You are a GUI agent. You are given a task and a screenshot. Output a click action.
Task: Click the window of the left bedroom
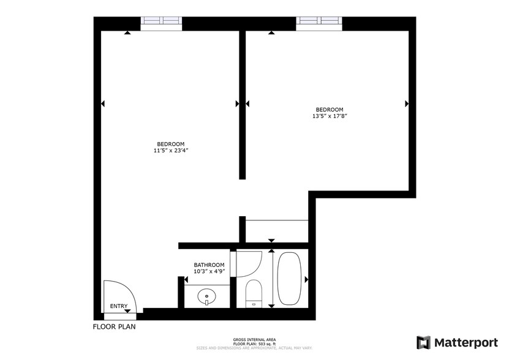(x=162, y=23)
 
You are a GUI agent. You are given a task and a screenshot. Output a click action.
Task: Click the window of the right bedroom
(x=319, y=23)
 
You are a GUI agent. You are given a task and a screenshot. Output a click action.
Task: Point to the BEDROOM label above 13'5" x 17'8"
(x=330, y=110)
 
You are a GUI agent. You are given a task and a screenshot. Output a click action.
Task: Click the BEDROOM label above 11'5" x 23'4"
(x=170, y=144)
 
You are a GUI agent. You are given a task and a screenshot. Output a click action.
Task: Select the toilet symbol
(x=253, y=293)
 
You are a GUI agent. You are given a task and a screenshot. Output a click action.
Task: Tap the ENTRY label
(x=119, y=306)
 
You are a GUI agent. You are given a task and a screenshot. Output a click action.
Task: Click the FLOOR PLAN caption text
(x=114, y=326)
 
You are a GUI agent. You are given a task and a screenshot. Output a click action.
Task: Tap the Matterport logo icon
(x=423, y=342)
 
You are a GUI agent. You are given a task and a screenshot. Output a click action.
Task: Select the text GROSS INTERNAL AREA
(x=254, y=339)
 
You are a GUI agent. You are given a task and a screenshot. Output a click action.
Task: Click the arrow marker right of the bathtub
(x=306, y=280)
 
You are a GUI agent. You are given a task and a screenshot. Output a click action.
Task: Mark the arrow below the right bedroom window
(x=271, y=32)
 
